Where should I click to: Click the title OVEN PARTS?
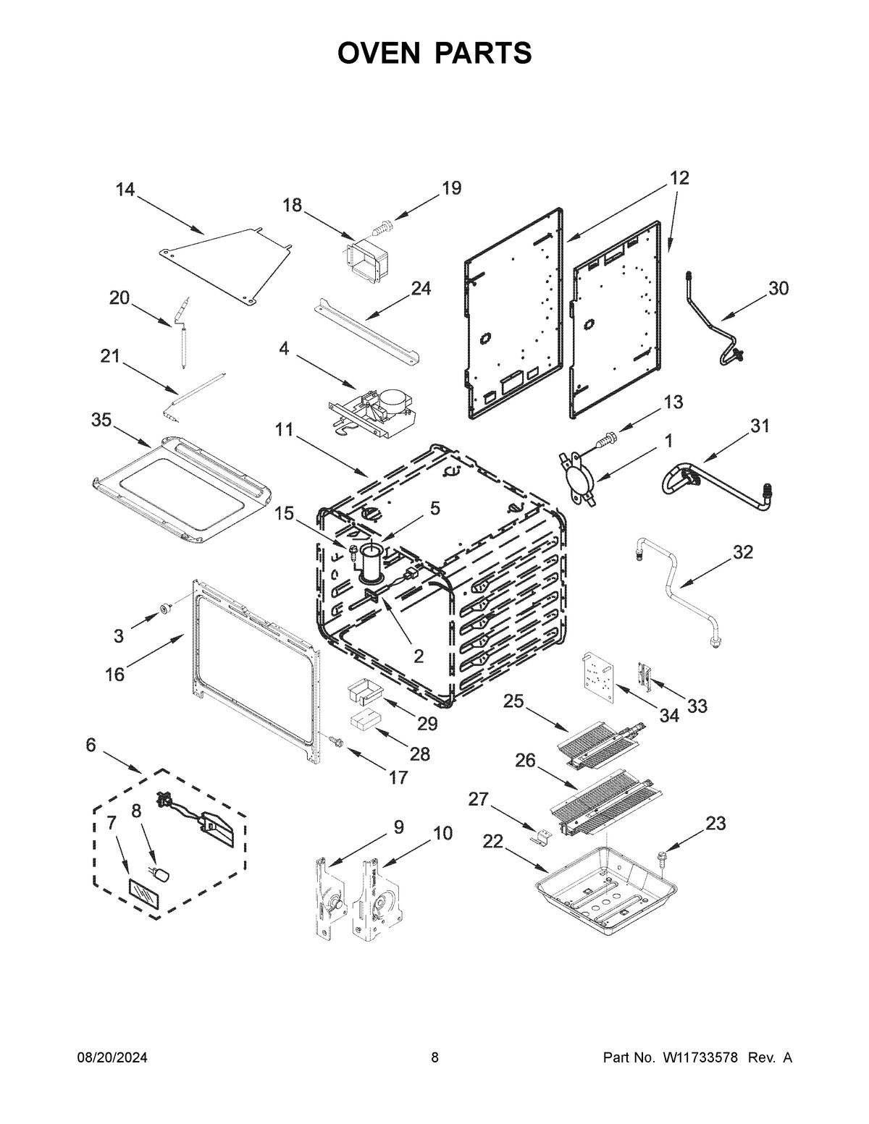coord(434,53)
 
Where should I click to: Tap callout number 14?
coord(125,190)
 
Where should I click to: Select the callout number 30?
coord(778,288)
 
